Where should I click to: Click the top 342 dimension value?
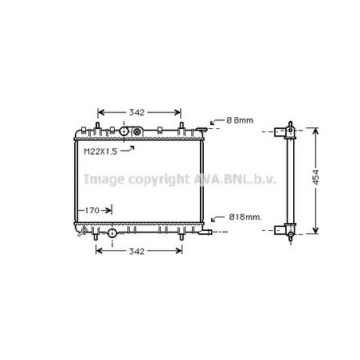tap(137, 112)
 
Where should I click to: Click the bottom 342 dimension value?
tap(137, 251)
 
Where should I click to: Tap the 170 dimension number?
tap(92, 210)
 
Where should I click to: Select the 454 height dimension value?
tap(315, 177)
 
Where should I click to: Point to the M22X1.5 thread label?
tap(100, 151)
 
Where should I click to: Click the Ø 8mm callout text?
tap(240, 120)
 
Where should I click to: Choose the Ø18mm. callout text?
tap(245, 217)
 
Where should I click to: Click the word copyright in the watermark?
tap(159, 179)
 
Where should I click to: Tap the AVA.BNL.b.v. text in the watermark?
tap(235, 179)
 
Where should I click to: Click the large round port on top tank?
tap(124, 131)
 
